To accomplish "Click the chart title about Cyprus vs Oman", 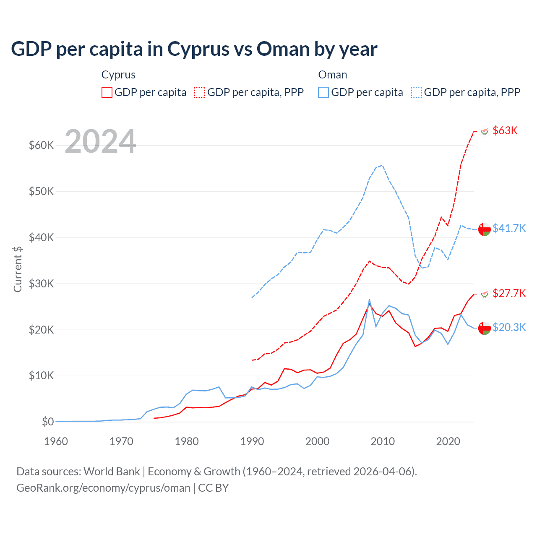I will point(194,49).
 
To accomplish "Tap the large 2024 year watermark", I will point(101,141).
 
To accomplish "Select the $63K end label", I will point(505,130).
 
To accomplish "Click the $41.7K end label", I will point(509,228).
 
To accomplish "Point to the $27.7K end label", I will point(509,293).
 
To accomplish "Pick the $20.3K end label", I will point(509,327).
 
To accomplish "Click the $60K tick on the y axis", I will point(41,146).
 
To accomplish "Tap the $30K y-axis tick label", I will point(41,284).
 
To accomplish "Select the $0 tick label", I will point(48,422).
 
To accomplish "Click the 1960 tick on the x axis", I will point(56,441).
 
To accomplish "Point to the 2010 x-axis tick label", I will point(383,441).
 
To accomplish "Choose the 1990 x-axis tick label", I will point(252,441).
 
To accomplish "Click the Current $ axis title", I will point(18,269).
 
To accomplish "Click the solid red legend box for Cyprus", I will point(107,92).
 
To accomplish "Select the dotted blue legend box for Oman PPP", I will point(417,92).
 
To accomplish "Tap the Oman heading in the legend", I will point(333,75).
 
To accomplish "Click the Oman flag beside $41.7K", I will point(485,229).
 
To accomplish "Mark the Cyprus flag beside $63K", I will point(485,131).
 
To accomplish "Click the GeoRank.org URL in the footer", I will point(103,488).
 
